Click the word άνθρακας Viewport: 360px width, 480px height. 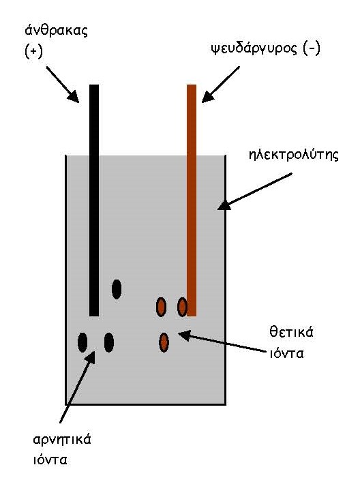click(56, 31)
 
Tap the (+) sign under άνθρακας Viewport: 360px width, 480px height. click(33, 51)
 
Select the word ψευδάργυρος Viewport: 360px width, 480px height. click(254, 49)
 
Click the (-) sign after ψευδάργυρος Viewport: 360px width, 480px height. click(312, 48)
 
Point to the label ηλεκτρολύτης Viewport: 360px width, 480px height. click(294, 155)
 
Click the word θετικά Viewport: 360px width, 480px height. click(291, 332)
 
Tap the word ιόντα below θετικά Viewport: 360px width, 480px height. click(286, 354)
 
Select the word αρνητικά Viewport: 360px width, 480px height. click(62, 440)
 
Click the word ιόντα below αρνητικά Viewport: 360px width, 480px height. click(50, 460)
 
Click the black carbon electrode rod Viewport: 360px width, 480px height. click(94, 200)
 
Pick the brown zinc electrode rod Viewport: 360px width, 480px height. click(192, 200)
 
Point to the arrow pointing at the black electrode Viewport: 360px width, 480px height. click(63, 84)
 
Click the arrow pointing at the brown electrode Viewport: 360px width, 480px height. click(220, 84)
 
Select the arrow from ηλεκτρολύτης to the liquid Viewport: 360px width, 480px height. click(255, 192)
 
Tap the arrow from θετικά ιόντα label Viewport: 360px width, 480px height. click(222, 342)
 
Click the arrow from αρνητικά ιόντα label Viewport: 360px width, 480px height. click(77, 387)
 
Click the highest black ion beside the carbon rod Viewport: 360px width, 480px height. click(117, 289)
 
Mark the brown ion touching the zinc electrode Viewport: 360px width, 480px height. click(183, 307)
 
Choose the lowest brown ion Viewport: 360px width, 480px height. click(164, 342)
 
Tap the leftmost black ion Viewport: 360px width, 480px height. click(82, 342)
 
